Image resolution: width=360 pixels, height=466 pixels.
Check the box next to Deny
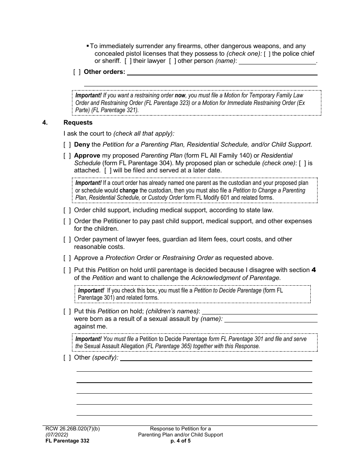(x=67, y=144)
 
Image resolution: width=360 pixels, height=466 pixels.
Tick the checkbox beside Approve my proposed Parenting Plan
(x=67, y=155)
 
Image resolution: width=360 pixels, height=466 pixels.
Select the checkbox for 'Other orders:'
(x=77, y=72)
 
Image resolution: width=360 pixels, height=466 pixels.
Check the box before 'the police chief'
(x=267, y=54)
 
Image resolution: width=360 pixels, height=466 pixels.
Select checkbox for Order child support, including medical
(x=67, y=210)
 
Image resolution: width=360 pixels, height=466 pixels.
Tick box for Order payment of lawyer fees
(x=67, y=239)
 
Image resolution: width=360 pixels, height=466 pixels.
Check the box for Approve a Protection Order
(x=67, y=258)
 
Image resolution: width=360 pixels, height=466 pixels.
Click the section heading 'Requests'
(x=78, y=122)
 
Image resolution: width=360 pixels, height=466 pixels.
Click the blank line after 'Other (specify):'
(x=216, y=357)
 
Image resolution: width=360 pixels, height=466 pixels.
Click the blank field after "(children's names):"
(x=260, y=311)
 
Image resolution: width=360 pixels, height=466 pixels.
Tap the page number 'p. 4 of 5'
(x=180, y=441)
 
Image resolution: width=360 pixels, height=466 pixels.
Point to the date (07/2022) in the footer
(x=56, y=435)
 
